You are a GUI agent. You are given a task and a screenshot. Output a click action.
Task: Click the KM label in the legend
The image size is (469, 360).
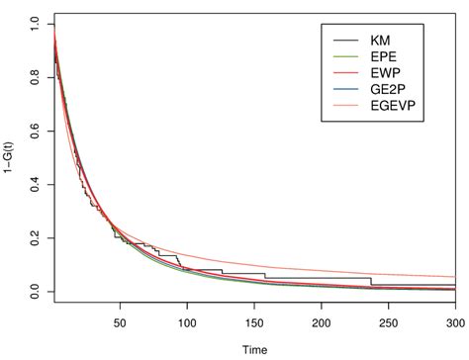(x=380, y=41)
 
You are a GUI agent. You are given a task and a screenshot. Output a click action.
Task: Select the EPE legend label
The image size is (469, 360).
(x=382, y=58)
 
